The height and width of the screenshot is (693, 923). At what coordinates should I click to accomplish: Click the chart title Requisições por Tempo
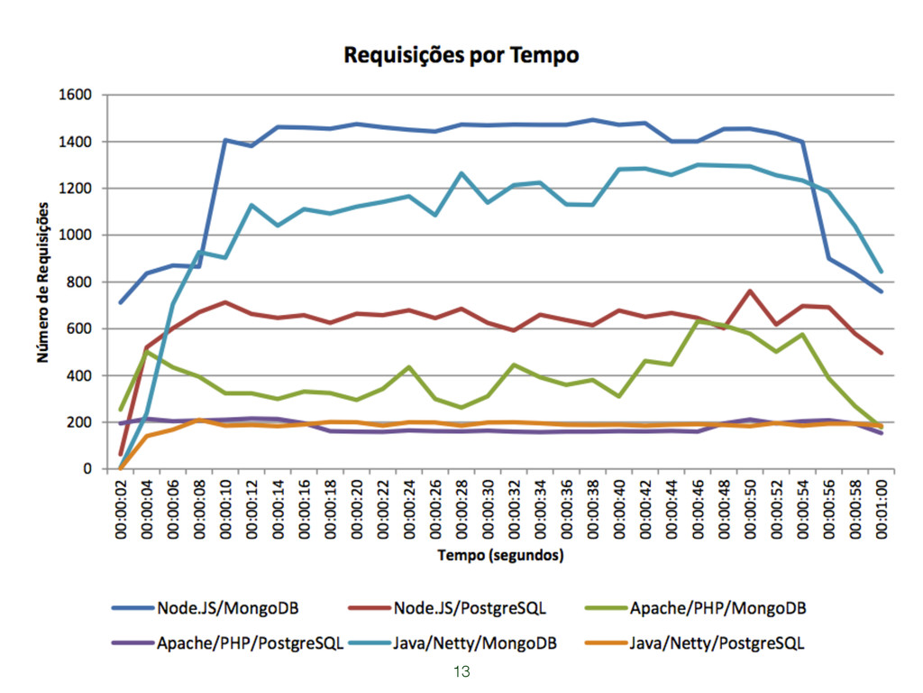tap(461, 55)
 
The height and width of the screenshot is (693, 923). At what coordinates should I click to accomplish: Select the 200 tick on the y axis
tap(79, 422)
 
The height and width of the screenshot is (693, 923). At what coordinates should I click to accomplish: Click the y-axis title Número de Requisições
tap(42, 282)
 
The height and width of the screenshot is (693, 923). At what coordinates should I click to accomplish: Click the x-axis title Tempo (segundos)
tap(500, 555)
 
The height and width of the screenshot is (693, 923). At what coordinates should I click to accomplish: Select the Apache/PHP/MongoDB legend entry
tap(694, 608)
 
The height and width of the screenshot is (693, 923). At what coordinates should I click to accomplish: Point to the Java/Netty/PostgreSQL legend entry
tap(694, 643)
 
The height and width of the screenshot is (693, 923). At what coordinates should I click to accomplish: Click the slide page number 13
tap(461, 671)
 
